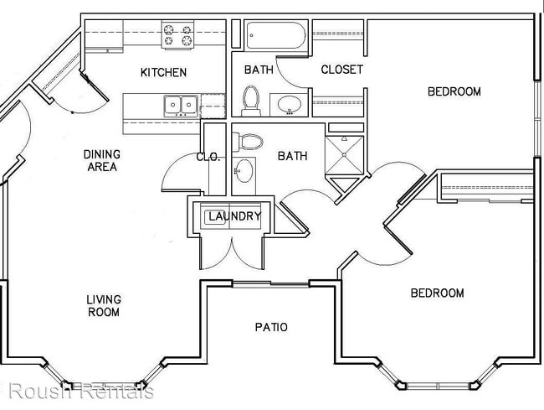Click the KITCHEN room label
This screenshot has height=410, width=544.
point(163,72)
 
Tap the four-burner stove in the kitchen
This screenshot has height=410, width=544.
point(177,34)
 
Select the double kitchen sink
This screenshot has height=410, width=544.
point(181,106)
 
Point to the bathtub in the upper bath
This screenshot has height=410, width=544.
point(276,35)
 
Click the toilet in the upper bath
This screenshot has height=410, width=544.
point(251,101)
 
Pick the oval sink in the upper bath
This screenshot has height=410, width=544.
point(290,104)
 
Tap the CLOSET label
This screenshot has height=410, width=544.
point(341,70)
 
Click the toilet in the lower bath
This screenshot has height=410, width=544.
point(248,142)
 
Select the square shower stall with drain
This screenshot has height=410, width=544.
point(344,154)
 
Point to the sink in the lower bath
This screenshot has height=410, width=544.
point(244,170)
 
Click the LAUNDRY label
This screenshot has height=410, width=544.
point(234,216)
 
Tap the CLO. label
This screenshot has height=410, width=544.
point(208,157)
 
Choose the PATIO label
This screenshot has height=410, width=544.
point(271,327)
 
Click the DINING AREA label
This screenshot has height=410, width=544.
point(102,160)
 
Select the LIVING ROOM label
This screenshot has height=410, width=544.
point(104,305)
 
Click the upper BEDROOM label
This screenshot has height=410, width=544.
point(454,91)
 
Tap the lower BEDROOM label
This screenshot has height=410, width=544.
point(437,293)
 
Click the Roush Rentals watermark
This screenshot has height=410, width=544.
point(81,391)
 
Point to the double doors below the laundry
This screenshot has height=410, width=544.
point(231,254)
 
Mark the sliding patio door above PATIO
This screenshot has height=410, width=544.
point(270,284)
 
